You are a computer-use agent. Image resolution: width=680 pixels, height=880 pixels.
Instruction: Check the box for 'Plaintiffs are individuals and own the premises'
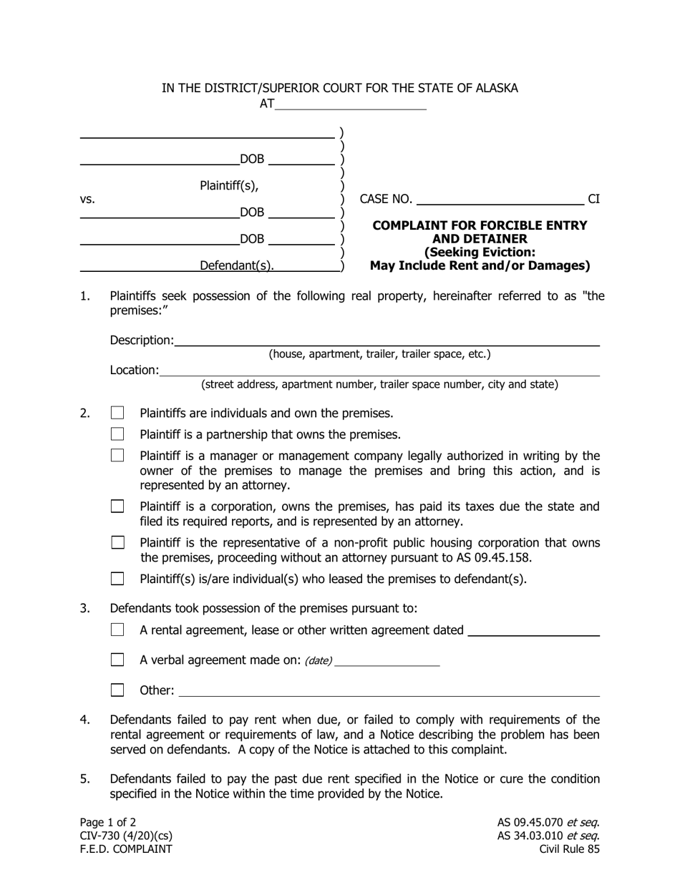pos(117,413)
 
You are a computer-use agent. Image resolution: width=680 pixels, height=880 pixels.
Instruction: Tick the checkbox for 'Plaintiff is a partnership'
pos(117,434)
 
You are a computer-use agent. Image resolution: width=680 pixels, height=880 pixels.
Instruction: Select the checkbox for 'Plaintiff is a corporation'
pos(117,507)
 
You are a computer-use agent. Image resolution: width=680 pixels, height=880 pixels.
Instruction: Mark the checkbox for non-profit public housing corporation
pos(117,543)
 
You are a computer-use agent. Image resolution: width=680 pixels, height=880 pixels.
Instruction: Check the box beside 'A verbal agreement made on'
pos(117,660)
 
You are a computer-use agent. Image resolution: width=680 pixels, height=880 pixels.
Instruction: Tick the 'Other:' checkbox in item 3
pos(117,690)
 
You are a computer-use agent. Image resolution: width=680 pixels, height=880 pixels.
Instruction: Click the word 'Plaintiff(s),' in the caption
pos(228,185)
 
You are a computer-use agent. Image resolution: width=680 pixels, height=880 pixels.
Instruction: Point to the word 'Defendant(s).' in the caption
pos(236,265)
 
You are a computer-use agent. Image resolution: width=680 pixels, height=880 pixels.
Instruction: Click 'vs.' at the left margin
pos(87,200)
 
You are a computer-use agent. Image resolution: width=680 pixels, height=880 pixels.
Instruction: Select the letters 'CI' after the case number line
pos(593,199)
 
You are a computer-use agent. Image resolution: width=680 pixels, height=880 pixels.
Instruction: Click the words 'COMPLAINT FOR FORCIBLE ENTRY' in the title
pos(480,225)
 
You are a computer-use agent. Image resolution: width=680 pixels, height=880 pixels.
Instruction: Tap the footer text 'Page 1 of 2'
pos(108,822)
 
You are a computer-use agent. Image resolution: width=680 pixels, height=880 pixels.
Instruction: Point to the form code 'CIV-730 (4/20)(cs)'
pos(126,836)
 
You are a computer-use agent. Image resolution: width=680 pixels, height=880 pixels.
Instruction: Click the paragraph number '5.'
pos(85,778)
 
